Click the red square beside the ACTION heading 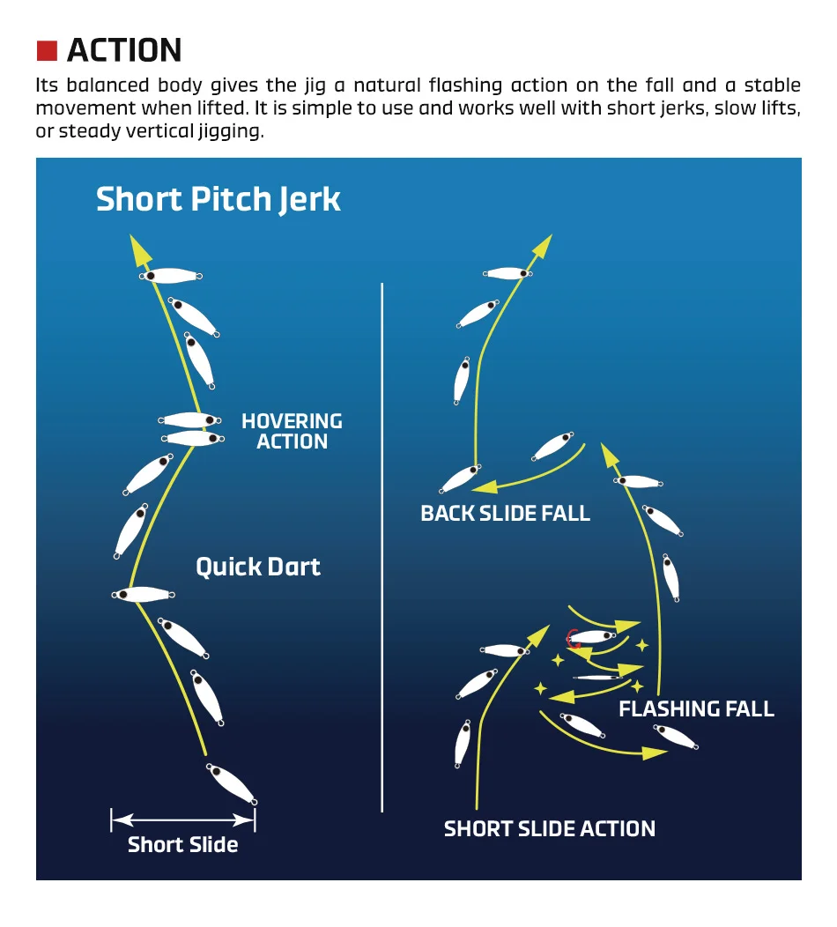[47, 51]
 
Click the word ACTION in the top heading [124, 50]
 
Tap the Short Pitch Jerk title [219, 199]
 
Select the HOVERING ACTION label [292, 431]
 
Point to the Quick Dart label [258, 567]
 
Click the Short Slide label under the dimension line [182, 845]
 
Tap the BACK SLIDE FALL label [506, 513]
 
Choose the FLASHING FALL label [696, 708]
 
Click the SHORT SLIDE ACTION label [550, 829]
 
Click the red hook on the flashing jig [572, 639]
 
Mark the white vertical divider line [381, 547]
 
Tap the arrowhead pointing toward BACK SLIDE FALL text [485, 486]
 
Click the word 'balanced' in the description [107, 85]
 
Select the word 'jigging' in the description [231, 131]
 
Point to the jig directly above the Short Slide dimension [231, 783]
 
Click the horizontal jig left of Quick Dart [143, 594]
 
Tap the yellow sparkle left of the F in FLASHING [637, 686]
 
